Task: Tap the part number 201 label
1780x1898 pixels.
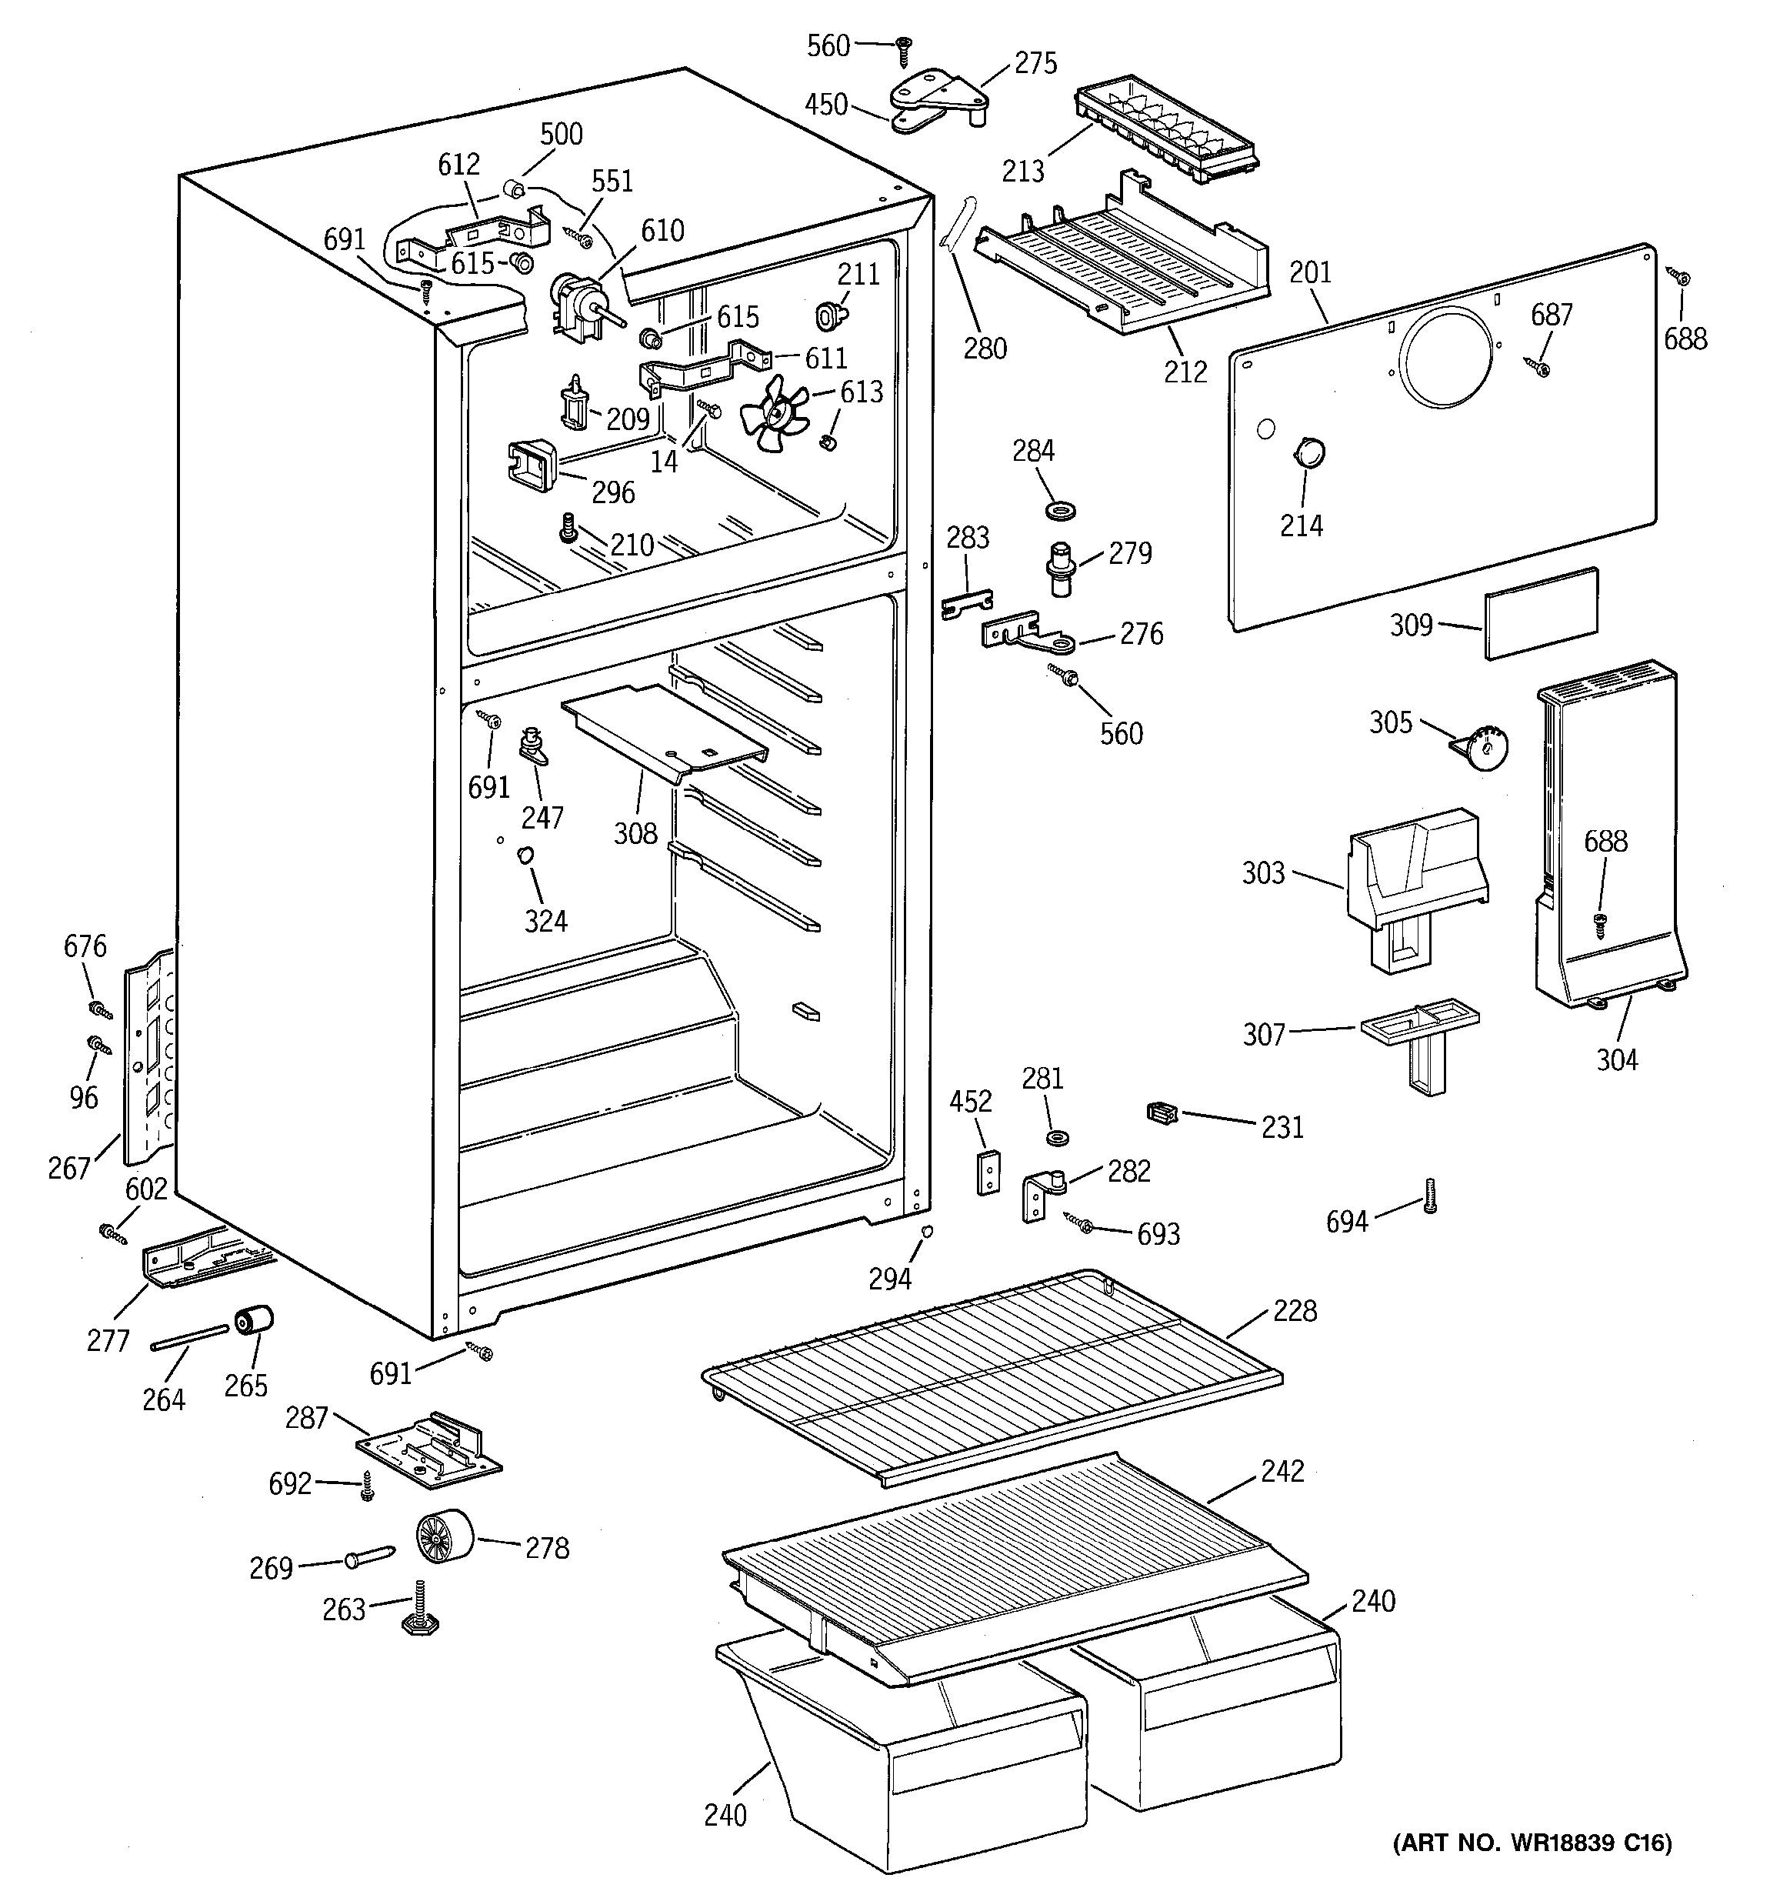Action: tap(1309, 273)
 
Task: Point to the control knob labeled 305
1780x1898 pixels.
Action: tap(1483, 749)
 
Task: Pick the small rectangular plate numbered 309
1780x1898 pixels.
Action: tap(1541, 613)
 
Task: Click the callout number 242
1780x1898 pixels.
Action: tap(1282, 1471)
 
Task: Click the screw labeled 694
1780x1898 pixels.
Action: tap(1428, 1194)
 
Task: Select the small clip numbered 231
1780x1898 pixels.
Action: tap(1162, 1112)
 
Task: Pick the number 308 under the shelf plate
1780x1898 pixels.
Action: tap(635, 833)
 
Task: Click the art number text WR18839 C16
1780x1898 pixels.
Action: tap(1533, 1843)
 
